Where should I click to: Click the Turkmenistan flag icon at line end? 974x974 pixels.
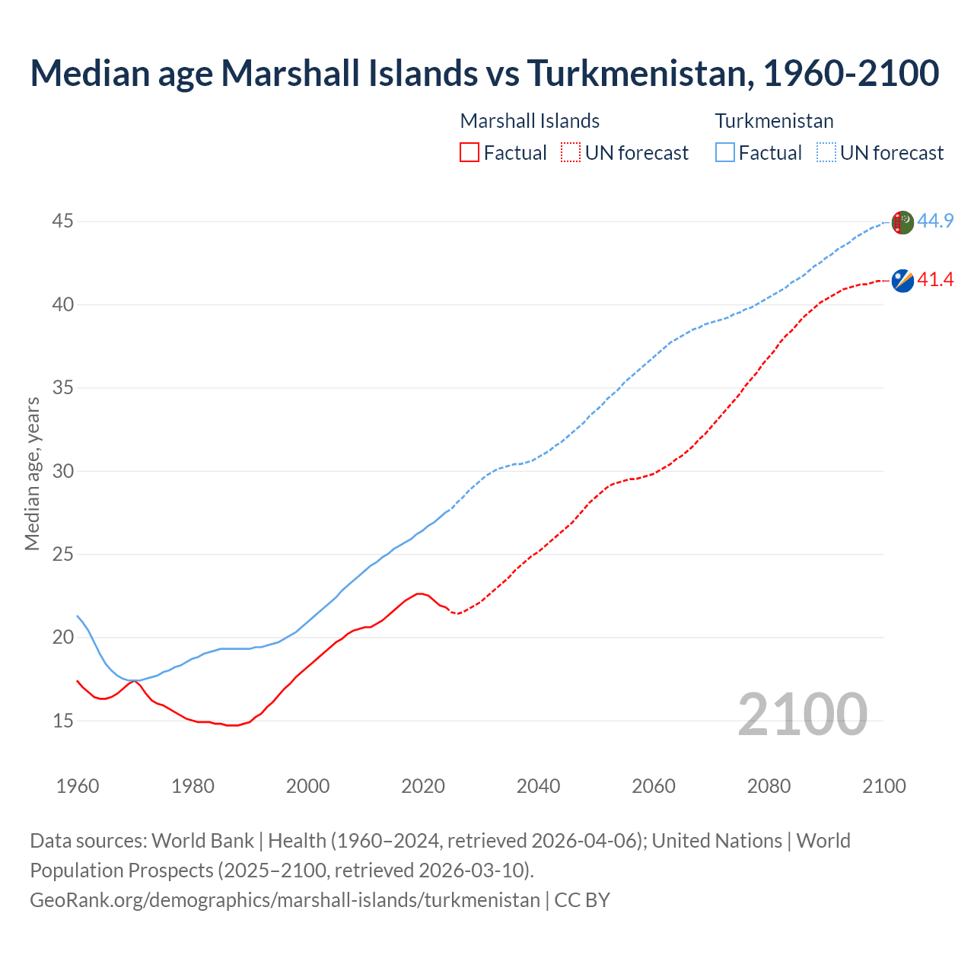coord(902,222)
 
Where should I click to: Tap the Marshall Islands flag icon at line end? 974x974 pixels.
coord(902,281)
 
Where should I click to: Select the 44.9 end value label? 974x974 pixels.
coord(935,221)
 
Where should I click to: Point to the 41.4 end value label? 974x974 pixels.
coord(935,280)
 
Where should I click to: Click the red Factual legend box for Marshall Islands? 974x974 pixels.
coord(469,153)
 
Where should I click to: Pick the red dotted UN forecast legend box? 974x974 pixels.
coord(571,153)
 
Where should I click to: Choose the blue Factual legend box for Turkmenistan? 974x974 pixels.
coord(725,153)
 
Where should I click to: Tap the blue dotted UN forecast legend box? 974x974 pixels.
coord(826,153)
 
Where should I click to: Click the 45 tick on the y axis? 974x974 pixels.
coord(62,221)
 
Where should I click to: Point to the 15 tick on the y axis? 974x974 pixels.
coord(62,721)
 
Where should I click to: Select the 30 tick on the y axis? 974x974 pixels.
coord(62,471)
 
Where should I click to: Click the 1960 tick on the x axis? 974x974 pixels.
coord(78,786)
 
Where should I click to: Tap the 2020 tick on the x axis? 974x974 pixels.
coord(423,786)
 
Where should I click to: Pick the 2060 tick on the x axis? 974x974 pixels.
coord(654,786)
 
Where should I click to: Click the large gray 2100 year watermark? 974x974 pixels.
coord(802,715)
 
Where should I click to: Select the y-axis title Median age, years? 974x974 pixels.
coord(32,473)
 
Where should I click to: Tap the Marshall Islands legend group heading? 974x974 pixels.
coord(530,121)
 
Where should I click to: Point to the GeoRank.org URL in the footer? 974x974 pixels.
coord(285,900)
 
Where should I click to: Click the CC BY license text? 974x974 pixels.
coord(582,900)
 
